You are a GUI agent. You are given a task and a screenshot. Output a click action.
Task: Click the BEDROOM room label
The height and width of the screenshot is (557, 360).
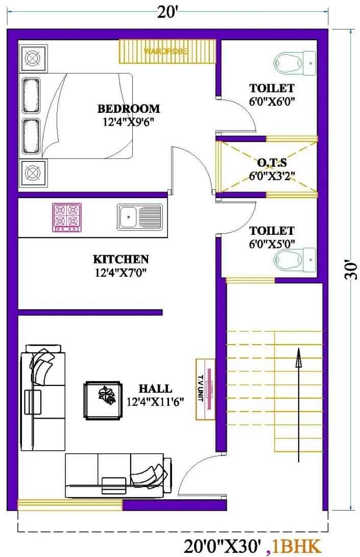click(129, 108)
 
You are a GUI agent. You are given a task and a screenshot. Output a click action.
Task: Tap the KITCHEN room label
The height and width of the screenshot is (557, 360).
click(121, 259)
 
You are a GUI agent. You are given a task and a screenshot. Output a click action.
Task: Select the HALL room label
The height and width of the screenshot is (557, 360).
click(155, 388)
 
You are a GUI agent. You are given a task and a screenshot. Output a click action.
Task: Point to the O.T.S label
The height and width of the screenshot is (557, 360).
click(272, 163)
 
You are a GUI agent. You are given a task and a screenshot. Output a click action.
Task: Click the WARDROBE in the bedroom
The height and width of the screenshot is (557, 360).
click(167, 51)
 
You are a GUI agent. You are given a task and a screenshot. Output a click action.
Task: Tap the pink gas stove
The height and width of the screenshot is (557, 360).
click(67, 217)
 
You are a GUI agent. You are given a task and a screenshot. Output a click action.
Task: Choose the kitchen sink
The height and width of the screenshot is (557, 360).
click(140, 217)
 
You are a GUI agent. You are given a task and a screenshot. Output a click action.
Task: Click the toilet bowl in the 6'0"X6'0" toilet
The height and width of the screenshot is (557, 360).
click(294, 63)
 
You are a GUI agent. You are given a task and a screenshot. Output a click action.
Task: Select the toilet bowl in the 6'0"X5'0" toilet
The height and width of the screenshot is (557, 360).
click(294, 260)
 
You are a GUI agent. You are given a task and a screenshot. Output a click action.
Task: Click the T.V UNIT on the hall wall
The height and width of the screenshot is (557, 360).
click(205, 390)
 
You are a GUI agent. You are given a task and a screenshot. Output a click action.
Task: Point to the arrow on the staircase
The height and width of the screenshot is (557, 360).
click(299, 405)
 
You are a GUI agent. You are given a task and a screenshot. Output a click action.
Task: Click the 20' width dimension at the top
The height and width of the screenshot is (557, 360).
click(167, 12)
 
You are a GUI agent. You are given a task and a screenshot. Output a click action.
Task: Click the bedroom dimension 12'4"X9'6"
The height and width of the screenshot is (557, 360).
click(128, 122)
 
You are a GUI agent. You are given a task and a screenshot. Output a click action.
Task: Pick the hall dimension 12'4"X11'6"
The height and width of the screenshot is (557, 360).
click(155, 402)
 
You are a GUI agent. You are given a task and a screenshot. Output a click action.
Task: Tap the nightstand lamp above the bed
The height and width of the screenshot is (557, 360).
click(33, 58)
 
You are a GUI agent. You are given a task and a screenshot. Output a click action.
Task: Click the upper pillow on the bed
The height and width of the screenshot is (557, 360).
click(31, 95)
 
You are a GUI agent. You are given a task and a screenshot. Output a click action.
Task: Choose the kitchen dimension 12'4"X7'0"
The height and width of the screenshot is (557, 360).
click(121, 273)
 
